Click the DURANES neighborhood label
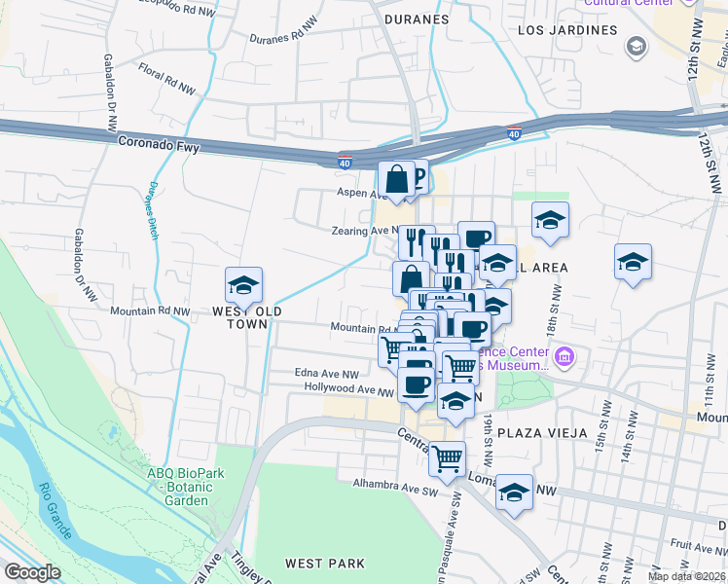tap(417, 18)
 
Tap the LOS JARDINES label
tap(567, 30)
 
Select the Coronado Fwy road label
tap(159, 141)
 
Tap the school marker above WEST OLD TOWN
tap(243, 285)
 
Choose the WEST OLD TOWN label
tap(247, 317)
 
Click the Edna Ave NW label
tap(328, 373)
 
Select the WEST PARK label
tap(325, 563)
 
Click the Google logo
tap(32, 572)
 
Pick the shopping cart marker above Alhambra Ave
tap(447, 456)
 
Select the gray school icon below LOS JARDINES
tap(637, 46)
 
